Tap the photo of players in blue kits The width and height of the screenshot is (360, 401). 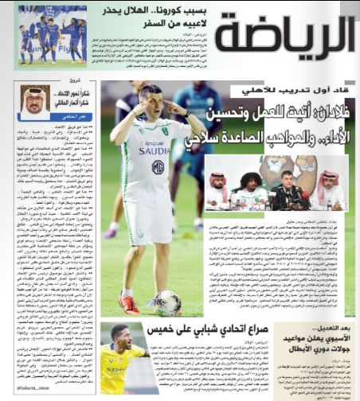point(50,35)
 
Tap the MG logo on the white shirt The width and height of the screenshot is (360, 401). point(158,166)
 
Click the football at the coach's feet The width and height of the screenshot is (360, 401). point(166,302)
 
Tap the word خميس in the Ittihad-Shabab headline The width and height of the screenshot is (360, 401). point(165,329)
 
